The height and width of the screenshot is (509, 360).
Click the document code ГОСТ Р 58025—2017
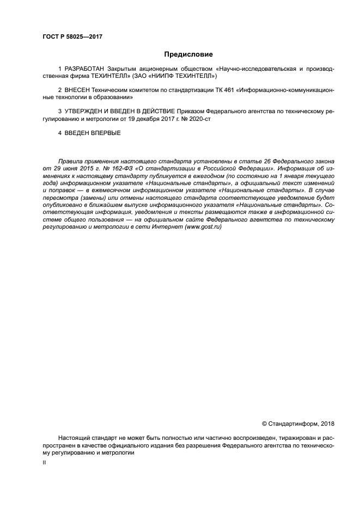point(72,37)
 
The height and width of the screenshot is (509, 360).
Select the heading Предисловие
point(188,54)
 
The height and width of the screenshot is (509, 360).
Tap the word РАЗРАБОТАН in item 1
point(84,70)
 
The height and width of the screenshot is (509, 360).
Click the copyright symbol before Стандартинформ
point(265,424)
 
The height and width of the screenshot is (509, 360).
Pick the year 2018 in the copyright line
point(328,424)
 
